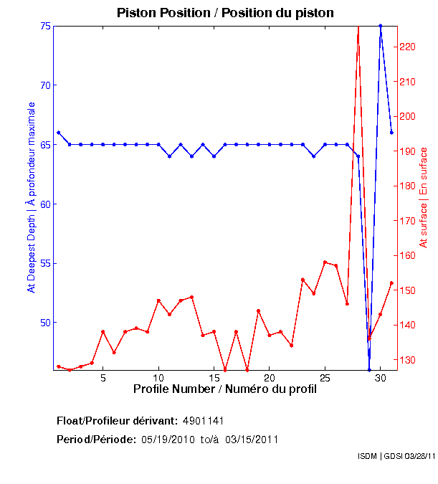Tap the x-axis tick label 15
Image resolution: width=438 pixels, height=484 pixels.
coord(214,378)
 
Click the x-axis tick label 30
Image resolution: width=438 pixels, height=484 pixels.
coord(380,378)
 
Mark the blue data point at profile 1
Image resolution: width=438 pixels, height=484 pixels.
coord(59,133)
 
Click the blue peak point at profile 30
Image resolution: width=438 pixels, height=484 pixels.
coord(381,26)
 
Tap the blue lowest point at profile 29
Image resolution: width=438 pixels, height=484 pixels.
coord(369,370)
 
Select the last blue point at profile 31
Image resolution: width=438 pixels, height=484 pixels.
coord(391,133)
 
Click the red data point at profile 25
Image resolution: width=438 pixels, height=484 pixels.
coord(325,262)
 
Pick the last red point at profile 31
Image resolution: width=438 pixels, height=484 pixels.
coord(391,283)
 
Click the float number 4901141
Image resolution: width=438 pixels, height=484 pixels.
coord(208,420)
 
